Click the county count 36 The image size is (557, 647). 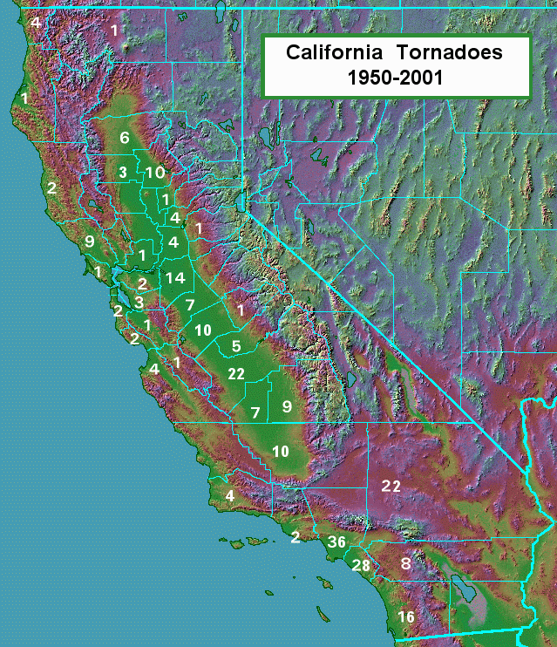coord(337,542)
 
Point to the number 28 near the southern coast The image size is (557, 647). coord(361,565)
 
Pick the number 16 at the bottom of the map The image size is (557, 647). coord(406,617)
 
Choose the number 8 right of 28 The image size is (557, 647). coord(405,563)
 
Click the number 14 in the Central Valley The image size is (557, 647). coord(175,278)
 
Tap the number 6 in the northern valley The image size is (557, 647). coord(125,138)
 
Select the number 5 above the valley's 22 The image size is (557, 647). coord(235,346)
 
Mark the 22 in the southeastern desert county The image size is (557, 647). coord(390,486)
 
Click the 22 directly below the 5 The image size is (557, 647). coord(235,373)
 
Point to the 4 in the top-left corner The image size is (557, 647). coord(35,22)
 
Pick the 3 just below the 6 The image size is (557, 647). coord(124,171)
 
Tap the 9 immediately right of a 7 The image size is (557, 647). coord(286,405)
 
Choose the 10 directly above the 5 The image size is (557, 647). coord(203,330)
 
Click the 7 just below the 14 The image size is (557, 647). coord(190,304)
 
